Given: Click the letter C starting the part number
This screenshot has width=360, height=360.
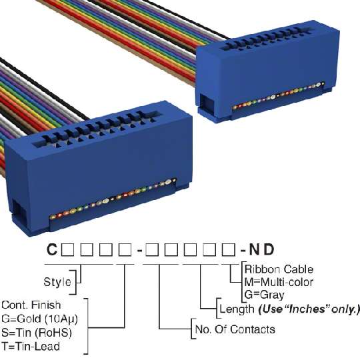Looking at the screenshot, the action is (52, 249).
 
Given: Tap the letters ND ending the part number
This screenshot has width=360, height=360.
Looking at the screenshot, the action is (262, 249).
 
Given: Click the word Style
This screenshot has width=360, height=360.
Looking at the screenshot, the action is (57, 282).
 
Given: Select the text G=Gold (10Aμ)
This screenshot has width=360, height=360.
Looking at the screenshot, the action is (39, 319).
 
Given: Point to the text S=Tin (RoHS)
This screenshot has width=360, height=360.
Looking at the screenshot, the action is (37, 333).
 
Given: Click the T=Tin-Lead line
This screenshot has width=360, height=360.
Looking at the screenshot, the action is (31, 346).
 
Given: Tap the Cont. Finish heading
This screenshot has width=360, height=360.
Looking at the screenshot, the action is (31, 305).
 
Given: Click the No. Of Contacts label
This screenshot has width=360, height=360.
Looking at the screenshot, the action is (235, 329).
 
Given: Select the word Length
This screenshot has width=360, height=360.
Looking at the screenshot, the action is (237, 309).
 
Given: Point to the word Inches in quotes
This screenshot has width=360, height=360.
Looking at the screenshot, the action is (307, 309).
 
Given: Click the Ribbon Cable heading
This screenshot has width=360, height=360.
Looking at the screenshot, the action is (279, 269).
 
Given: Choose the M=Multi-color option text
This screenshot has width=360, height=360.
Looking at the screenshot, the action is (279, 282).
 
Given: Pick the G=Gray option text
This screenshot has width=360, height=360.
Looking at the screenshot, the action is (264, 295).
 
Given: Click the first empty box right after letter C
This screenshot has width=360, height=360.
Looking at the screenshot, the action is (67, 250).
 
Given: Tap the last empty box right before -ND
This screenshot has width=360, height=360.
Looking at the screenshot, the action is (229, 250).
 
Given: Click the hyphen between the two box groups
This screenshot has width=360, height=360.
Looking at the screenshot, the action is (139, 251).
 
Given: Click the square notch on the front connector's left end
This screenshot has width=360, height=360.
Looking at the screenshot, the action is (19, 213).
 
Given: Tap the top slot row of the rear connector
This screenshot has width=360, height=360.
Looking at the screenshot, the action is (266, 38).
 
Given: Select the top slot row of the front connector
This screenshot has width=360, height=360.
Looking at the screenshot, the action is (96, 129).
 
